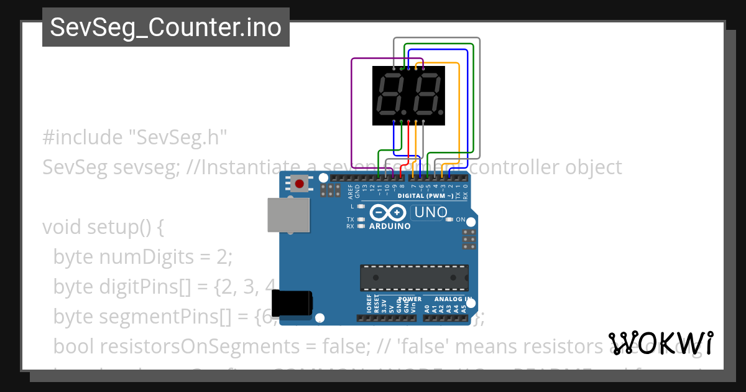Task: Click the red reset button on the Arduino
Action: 300,184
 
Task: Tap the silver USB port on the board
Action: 288,215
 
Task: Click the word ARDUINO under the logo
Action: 390,226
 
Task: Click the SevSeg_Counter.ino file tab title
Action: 165,27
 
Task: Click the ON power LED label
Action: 461,220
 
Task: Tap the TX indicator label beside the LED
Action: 350,220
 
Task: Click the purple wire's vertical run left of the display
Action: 352,112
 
